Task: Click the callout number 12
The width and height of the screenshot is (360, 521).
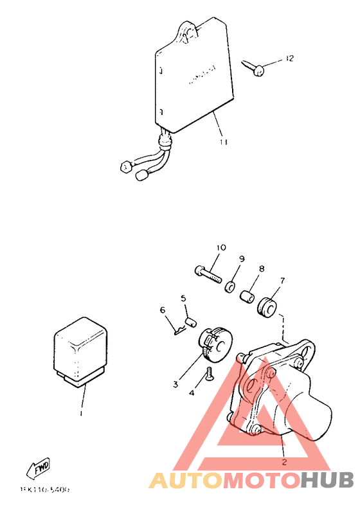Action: pyautogui.click(x=289, y=59)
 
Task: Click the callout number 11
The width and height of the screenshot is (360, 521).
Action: pyautogui.click(x=223, y=142)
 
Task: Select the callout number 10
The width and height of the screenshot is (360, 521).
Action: pyautogui.click(x=221, y=247)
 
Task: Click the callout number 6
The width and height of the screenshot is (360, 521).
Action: pyautogui.click(x=163, y=310)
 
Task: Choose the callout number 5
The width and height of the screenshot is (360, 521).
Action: pyautogui.click(x=183, y=298)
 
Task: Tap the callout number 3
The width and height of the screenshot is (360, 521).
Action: pyautogui.click(x=175, y=385)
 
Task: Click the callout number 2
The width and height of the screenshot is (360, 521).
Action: pyautogui.click(x=283, y=461)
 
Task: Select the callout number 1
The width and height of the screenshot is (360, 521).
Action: pyautogui.click(x=81, y=413)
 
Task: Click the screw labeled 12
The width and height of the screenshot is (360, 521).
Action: pyautogui.click(x=254, y=68)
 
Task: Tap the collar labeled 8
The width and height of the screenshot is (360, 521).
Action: pyautogui.click(x=246, y=298)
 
